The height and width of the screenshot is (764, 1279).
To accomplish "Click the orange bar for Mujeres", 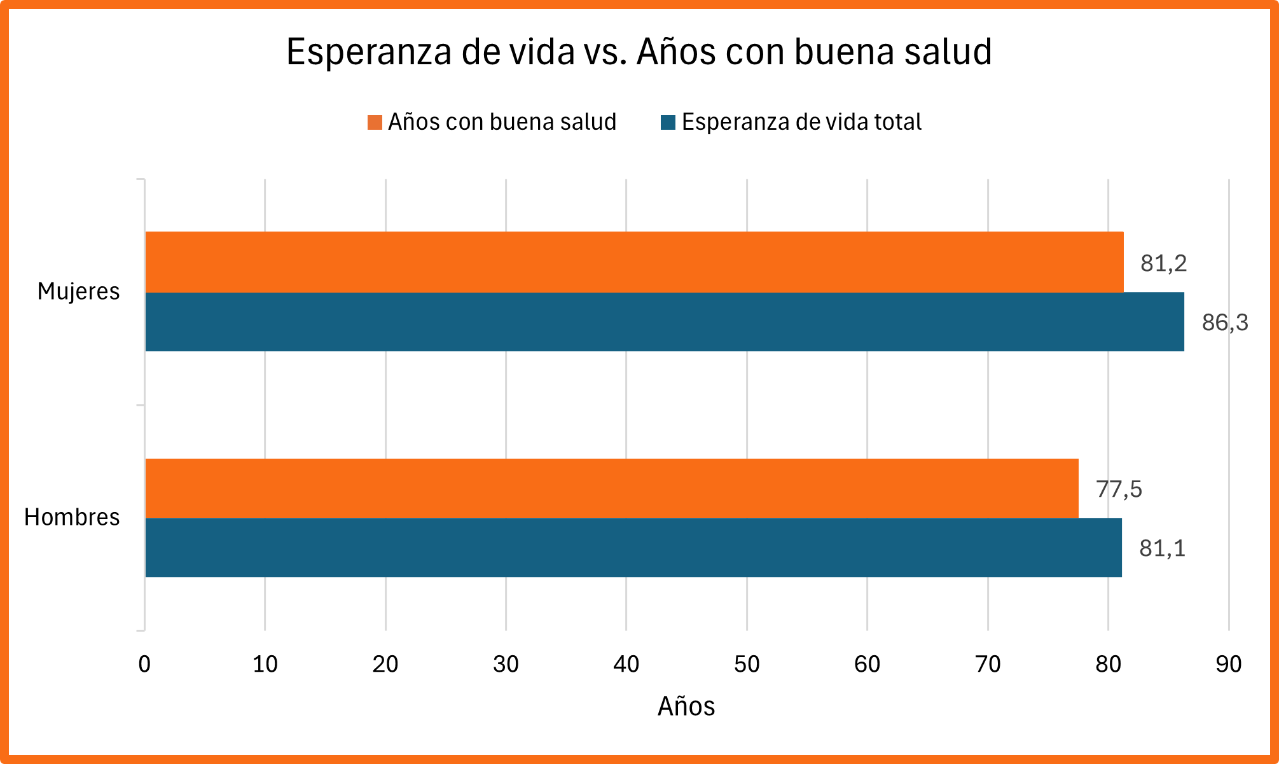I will click(x=634, y=262).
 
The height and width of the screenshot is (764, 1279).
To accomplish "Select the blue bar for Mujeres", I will click(x=665, y=322).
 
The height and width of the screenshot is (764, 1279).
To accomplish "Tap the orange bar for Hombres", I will click(x=612, y=488).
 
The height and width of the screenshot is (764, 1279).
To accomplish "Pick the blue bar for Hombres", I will click(x=633, y=548).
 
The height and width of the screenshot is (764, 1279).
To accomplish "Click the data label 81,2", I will click(x=1163, y=263).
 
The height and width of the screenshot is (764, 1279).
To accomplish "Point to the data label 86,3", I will click(x=1224, y=323).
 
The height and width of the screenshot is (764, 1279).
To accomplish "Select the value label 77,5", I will click(x=1119, y=489).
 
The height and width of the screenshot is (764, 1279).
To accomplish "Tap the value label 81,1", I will click(x=1162, y=548).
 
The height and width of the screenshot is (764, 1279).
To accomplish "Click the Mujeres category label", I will click(x=78, y=291).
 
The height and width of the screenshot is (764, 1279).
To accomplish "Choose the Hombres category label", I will click(x=72, y=517).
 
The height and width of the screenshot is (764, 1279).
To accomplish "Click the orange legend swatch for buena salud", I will click(x=375, y=122).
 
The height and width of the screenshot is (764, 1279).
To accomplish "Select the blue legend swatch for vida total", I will click(x=668, y=122).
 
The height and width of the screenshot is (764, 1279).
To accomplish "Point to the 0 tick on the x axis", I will click(x=144, y=664).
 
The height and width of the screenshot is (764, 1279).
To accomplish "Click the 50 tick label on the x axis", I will click(x=747, y=664).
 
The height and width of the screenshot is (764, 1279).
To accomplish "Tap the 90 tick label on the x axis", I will click(x=1228, y=664).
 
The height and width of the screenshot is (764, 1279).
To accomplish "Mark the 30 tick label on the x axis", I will click(x=506, y=664).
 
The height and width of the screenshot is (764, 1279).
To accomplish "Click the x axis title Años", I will click(x=686, y=706).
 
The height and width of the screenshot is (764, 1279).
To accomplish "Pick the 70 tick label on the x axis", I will click(x=988, y=664).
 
